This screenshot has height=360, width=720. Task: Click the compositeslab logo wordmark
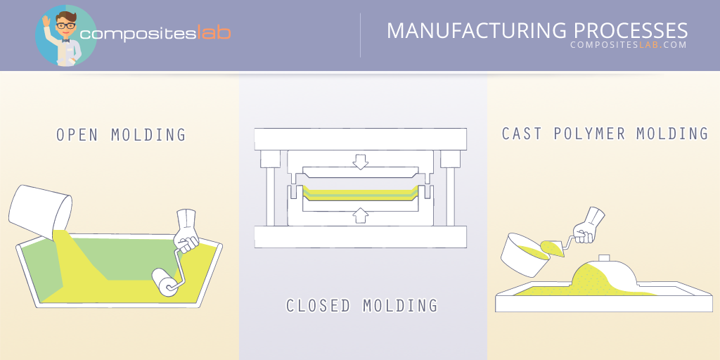[x=155, y=33]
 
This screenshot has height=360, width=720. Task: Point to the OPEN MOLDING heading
[x=121, y=134]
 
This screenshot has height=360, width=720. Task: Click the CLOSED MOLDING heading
[x=361, y=306]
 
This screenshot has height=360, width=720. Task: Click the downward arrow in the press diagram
[x=361, y=163]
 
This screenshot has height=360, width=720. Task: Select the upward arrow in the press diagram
[x=361, y=213]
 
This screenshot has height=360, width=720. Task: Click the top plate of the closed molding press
[x=361, y=138]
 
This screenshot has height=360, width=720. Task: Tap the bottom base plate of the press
[x=361, y=236]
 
